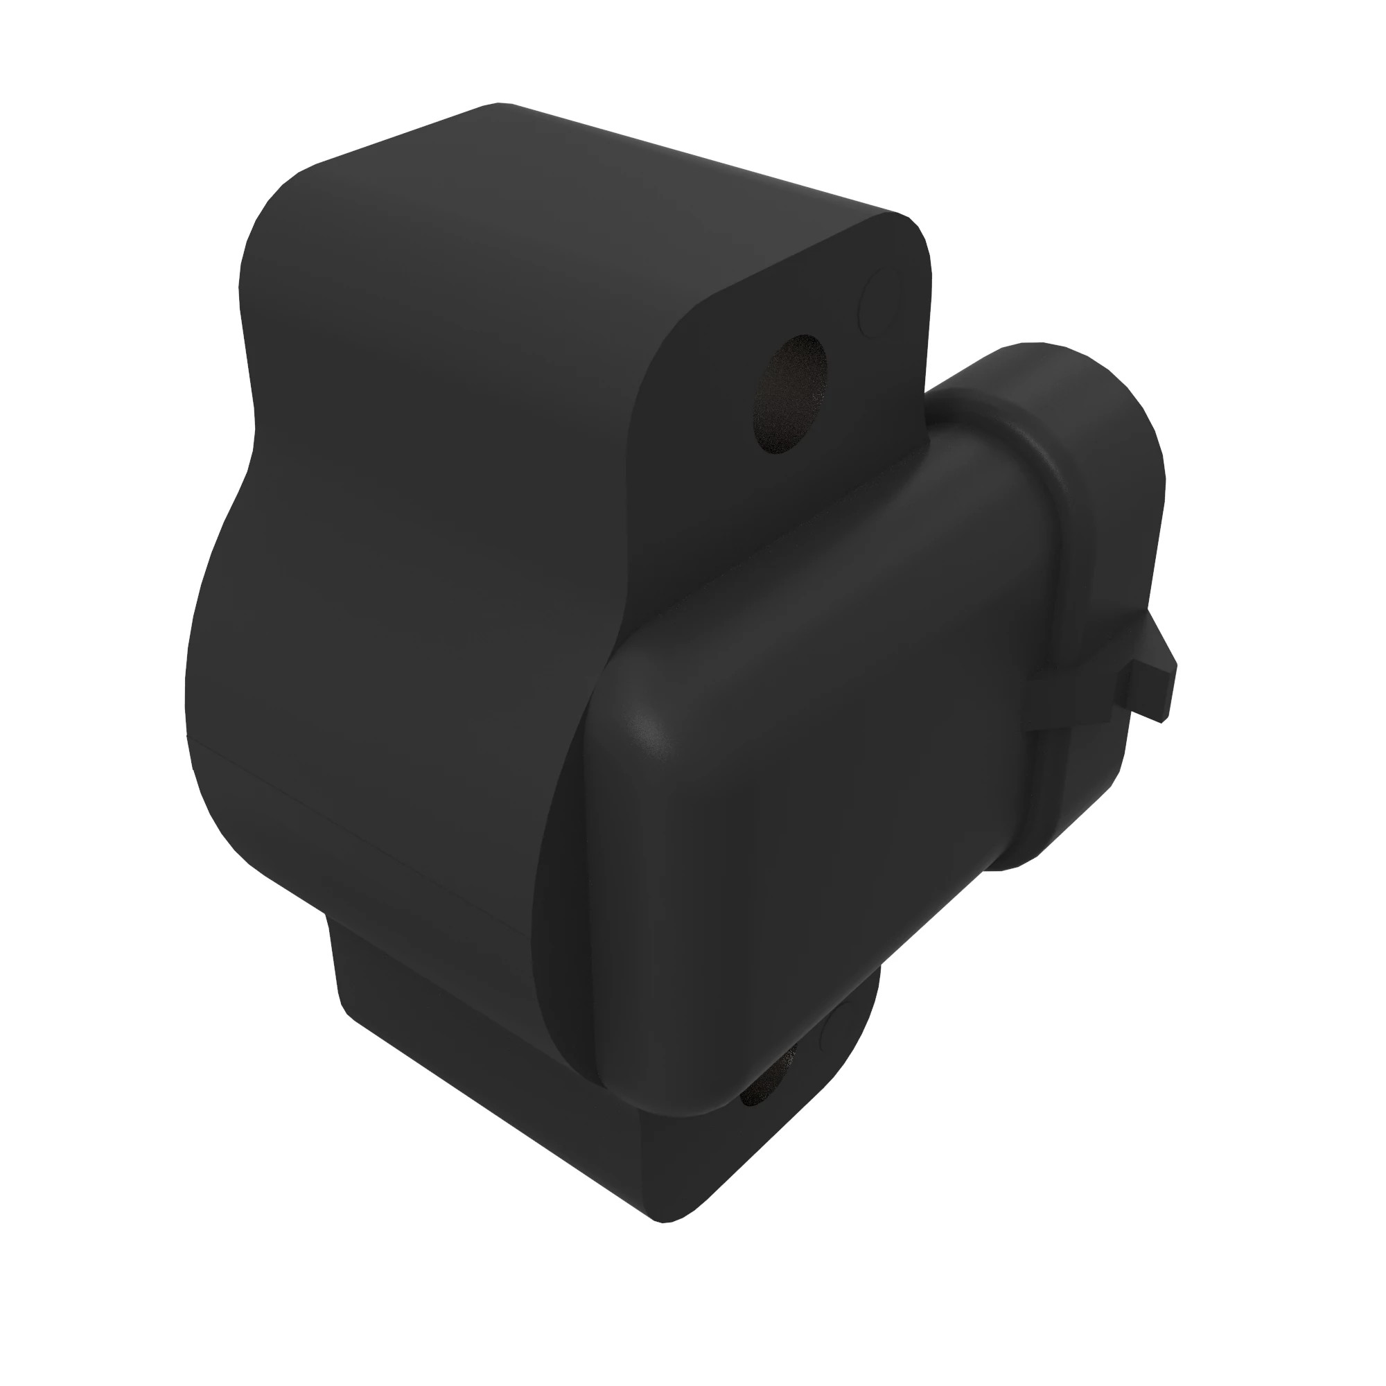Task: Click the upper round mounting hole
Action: tap(789, 394)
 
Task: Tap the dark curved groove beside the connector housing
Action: tap(567, 933)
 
